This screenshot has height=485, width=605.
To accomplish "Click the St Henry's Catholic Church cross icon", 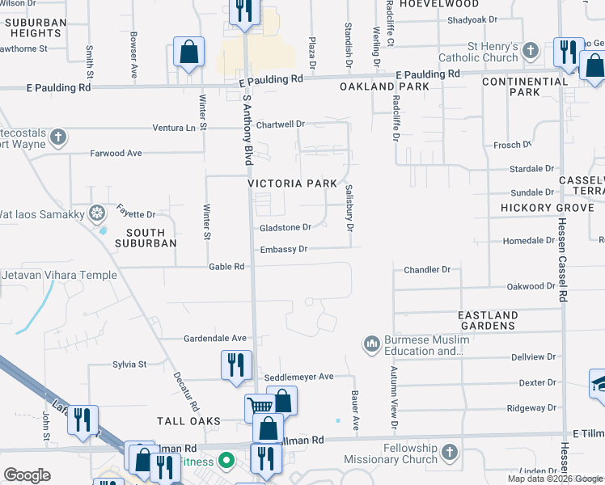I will pos(531,51).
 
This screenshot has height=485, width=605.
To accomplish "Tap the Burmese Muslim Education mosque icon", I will pos(372,344).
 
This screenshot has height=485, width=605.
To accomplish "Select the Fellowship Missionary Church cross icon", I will pos(451,452).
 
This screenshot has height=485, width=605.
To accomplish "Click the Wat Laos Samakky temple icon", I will pos(97,214).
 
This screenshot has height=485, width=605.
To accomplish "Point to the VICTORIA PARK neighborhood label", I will pos(292,183).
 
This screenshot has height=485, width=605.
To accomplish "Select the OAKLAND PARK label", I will pos(373,86).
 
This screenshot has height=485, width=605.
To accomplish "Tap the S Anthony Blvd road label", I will pos(248,129).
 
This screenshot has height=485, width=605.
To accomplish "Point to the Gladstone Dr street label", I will pos(285,228).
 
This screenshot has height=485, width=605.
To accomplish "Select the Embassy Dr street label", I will pos(284,250).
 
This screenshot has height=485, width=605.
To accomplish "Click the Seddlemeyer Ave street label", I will pos(298,377).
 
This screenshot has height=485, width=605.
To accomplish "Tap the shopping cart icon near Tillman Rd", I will pos(259,407).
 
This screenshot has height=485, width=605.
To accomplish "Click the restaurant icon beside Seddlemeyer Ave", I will pos(235,364).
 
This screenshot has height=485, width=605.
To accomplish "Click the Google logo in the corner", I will pos(27,475).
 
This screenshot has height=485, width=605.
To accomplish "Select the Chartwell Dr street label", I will pos(280,124).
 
